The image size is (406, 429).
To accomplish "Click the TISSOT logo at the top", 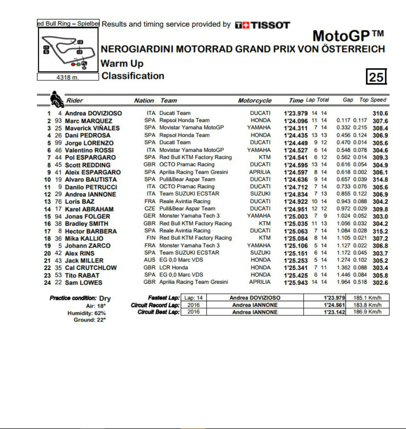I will coord(262,25).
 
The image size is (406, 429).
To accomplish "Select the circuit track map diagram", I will coord(68,50).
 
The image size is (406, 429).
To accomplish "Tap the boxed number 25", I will coord(376,77).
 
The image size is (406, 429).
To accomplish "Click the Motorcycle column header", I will coord(255,101).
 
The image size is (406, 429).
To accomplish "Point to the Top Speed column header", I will coord(373,100).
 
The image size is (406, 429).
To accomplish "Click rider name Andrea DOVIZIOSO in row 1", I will coord(93,114).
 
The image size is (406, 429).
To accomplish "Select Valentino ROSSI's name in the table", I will coord(89,150).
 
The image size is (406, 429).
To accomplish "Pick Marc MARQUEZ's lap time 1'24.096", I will coord(296,121).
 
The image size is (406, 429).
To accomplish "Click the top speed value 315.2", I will coord(380,231).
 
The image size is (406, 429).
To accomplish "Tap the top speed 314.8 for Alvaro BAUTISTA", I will coord(380,180).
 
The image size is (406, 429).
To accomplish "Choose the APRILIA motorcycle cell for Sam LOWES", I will coord(259,282).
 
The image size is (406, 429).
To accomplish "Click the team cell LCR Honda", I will coord(173,267).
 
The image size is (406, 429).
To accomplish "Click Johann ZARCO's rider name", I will coord(87,246).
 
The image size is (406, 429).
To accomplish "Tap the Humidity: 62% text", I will coord(86,313).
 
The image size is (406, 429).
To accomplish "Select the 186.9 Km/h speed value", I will coord(367,312).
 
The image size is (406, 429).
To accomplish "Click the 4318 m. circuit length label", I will coord(68,78).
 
